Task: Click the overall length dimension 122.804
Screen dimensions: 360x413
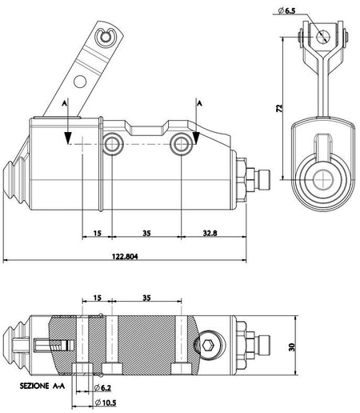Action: tap(125, 256)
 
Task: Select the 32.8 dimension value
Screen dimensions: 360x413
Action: tap(210, 233)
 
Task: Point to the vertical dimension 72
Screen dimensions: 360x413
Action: tap(279, 108)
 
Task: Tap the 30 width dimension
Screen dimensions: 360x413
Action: tap(292, 347)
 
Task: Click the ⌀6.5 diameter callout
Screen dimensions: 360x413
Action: tap(286, 11)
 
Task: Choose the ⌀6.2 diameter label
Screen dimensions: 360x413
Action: tap(102, 387)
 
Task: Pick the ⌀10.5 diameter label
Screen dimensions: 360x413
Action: tap(106, 403)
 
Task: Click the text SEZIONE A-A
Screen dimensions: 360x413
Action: tap(42, 386)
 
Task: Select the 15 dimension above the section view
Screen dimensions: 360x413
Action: tap(98, 298)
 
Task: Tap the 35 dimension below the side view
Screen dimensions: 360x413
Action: tap(146, 233)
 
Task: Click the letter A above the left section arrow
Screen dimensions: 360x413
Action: tap(65, 103)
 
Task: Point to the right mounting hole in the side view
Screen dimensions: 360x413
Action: tap(182, 144)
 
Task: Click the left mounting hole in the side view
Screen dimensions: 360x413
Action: tap(113, 144)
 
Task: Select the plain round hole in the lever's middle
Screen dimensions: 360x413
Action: tap(80, 82)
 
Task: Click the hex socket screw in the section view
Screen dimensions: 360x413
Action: tap(208, 346)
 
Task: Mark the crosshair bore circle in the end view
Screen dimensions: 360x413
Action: tap(323, 179)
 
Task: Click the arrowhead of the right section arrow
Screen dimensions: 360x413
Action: tap(196, 138)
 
